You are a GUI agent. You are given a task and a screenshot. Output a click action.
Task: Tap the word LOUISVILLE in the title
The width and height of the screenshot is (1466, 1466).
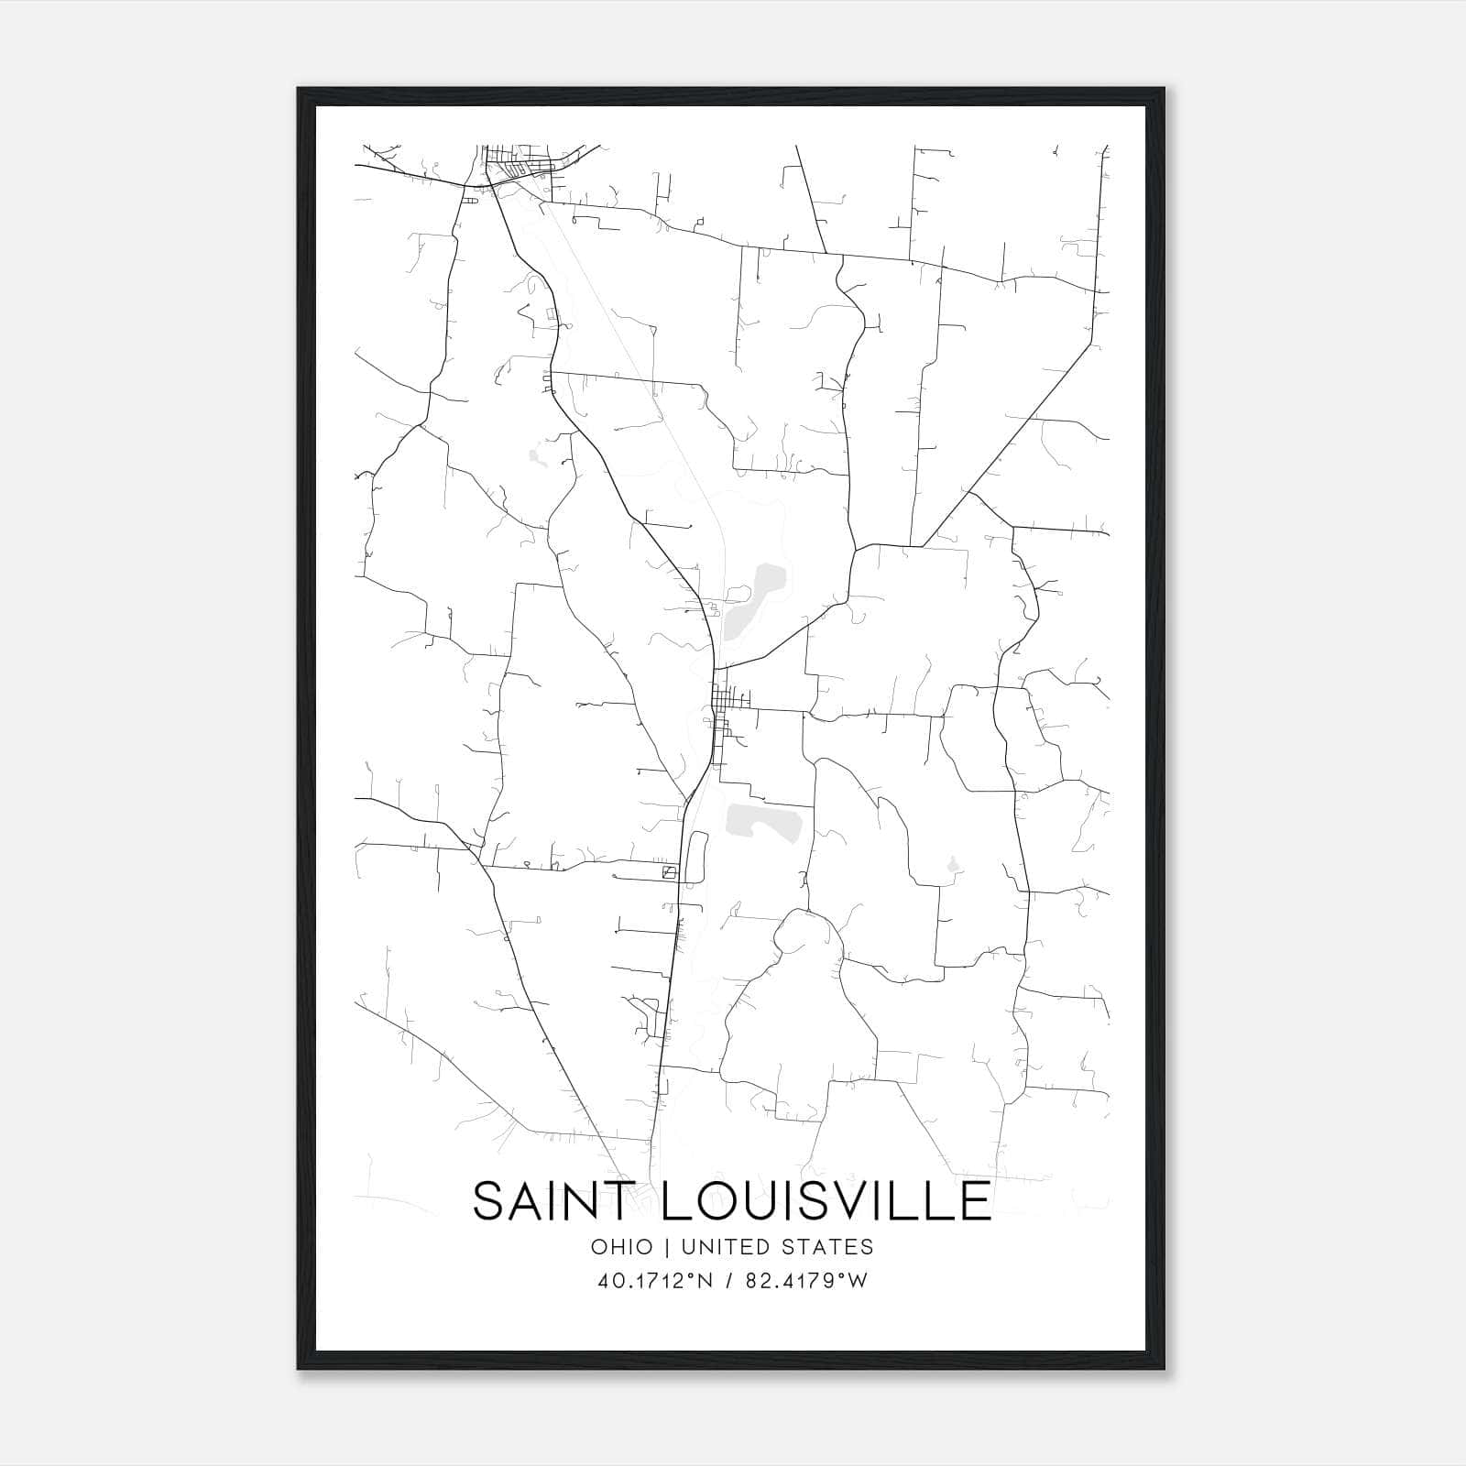point(826,1201)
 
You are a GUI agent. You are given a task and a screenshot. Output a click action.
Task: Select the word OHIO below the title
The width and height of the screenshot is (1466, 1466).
point(622,1247)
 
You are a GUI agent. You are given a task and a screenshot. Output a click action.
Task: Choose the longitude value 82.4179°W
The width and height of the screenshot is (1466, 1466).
point(807,1281)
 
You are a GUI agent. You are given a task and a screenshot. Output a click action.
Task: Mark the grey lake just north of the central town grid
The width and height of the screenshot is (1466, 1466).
point(753,600)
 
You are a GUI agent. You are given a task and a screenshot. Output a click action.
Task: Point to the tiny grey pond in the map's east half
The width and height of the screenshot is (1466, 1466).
point(953,864)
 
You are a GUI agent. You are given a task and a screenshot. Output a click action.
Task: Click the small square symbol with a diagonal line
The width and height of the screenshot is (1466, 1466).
point(670,871)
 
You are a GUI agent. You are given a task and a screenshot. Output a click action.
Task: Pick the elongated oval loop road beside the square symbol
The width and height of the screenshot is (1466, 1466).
point(695,856)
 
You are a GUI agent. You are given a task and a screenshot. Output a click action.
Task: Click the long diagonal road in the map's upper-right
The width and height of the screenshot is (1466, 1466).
point(1008,440)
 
